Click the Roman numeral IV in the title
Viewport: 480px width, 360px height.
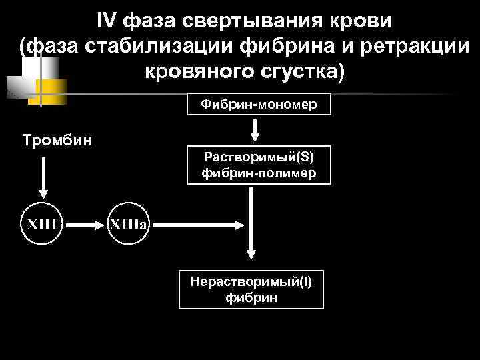[106, 21]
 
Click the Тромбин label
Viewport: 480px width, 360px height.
[57, 141]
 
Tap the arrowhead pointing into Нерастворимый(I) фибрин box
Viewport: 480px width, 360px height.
[251, 253]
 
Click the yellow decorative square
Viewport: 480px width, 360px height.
[51, 90]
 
